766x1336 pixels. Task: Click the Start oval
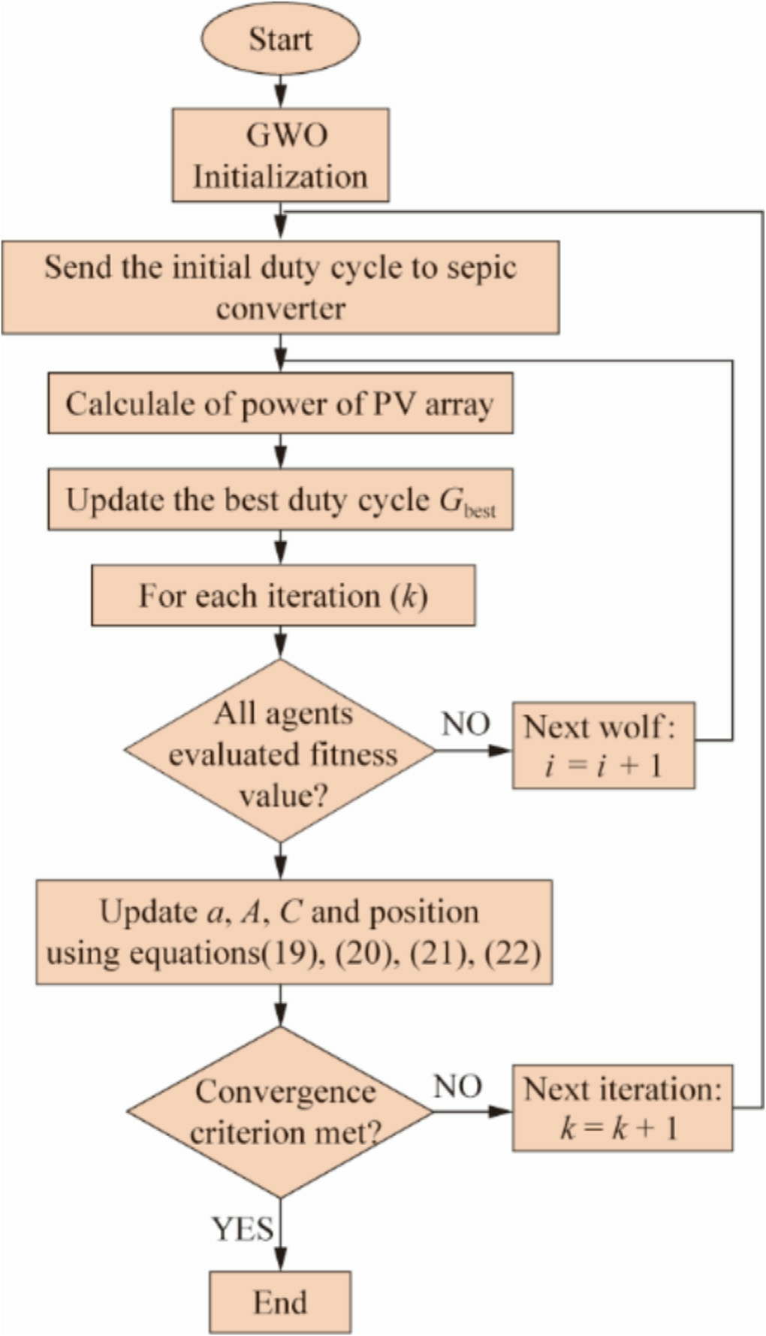coord(280,39)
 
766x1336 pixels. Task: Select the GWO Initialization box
coord(280,155)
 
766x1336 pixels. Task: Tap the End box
coord(279,1301)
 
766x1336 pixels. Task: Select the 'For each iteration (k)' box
coord(283,596)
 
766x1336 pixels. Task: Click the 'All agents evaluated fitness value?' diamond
coord(281,751)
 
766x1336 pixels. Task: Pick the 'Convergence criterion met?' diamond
coord(280,1111)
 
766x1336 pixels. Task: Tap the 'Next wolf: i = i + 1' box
coord(603,745)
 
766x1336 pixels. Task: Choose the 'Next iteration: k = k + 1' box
coord(622,1108)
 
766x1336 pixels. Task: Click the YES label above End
coord(242,1229)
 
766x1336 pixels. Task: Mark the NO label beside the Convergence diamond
coord(457,1087)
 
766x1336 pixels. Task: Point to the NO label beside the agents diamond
coord(466,724)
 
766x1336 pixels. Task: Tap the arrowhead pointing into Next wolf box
coord(502,750)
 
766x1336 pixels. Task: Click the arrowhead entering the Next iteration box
coord(502,1111)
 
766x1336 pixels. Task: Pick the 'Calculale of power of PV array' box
coord(280,404)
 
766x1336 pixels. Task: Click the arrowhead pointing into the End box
coord(280,1262)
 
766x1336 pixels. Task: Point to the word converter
coord(280,309)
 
